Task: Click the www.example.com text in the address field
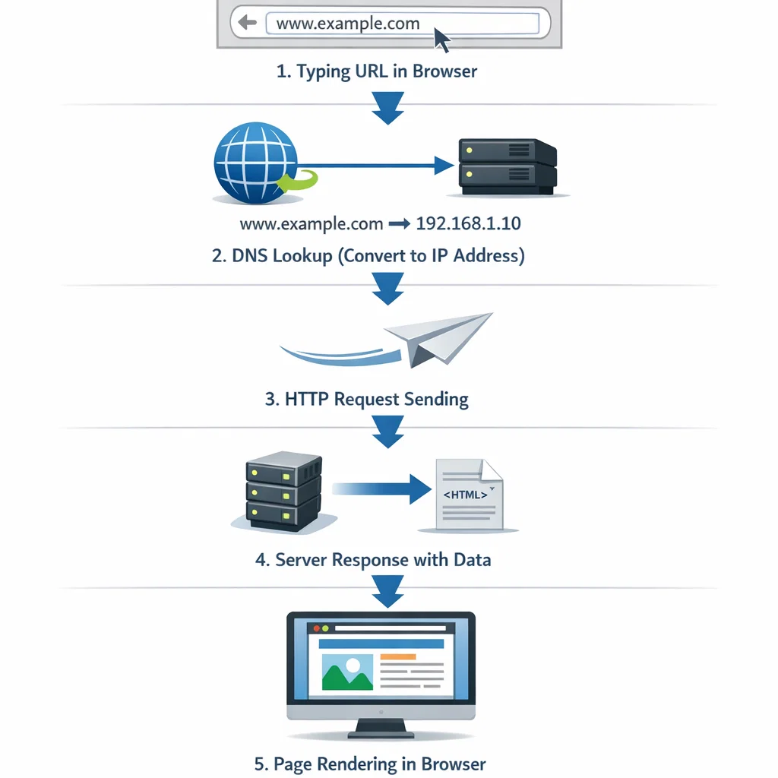click(348, 23)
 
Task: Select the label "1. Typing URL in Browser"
click(377, 71)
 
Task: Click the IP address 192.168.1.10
click(469, 224)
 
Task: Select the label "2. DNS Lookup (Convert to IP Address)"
click(368, 255)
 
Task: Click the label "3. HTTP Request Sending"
click(367, 398)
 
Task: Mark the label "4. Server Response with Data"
click(373, 560)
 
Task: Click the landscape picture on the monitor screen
click(347, 672)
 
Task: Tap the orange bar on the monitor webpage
click(397, 656)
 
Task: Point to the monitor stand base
click(381, 733)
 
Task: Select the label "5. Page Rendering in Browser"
click(370, 764)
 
